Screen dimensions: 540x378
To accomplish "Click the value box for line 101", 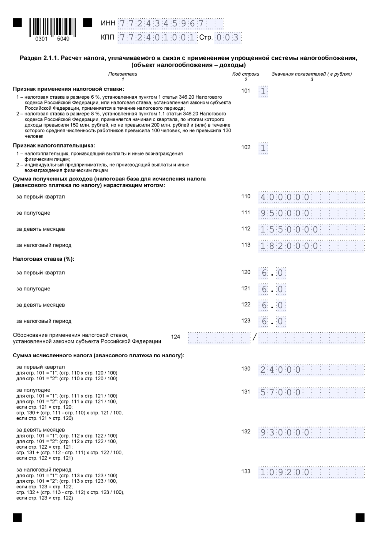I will coord(263,91).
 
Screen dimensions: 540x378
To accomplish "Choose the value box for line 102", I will coord(263,148).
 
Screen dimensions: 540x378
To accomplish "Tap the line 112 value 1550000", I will coord(289,230).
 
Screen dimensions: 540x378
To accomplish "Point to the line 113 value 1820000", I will coord(289,246).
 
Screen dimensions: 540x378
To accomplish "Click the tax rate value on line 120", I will coord(272,273).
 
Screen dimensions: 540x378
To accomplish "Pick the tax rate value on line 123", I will coord(272,322).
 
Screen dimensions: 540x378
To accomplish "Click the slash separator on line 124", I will coord(254,337).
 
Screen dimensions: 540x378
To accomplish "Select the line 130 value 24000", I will coord(281,370).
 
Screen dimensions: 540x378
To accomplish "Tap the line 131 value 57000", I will coord(281,393).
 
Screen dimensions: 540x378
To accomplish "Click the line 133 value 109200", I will coord(285,472).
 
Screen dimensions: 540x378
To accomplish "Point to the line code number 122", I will coord(246,305).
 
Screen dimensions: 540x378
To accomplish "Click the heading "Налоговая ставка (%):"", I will coord(44,259).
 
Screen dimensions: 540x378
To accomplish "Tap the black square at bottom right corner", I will coord(360,518).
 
